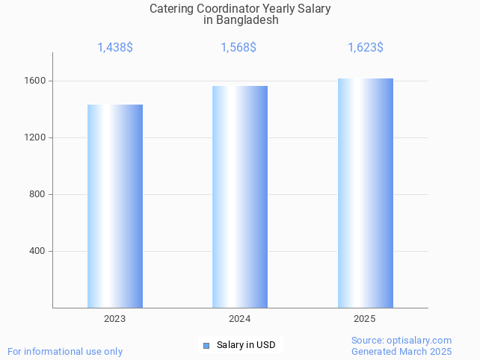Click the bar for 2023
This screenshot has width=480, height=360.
(115, 206)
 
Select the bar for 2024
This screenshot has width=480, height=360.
(240, 196)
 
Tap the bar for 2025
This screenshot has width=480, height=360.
(365, 193)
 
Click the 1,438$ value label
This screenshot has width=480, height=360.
(115, 48)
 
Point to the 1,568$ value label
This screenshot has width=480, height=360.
(239, 48)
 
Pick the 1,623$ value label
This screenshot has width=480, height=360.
(366, 48)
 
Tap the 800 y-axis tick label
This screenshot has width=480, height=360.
(37, 194)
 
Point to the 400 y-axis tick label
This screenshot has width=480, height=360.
(37, 251)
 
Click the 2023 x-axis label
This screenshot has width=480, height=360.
(115, 319)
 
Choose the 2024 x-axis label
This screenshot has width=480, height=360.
(240, 319)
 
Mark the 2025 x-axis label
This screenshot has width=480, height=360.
(365, 319)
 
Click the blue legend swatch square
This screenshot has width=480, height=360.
(206, 345)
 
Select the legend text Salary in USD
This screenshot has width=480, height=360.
(246, 345)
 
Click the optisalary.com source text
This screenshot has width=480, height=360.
(401, 341)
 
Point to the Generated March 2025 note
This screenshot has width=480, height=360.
(401, 351)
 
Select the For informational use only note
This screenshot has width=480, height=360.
(65, 351)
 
